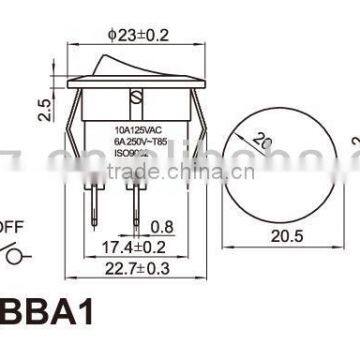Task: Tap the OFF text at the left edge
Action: point(9,228)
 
